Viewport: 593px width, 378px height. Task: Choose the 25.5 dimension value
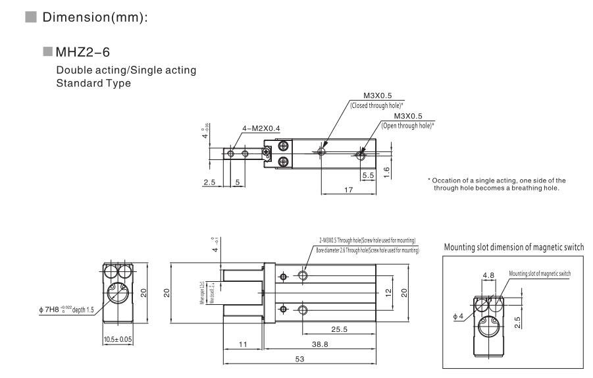pos(340,328)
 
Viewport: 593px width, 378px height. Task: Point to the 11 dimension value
pos(244,343)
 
